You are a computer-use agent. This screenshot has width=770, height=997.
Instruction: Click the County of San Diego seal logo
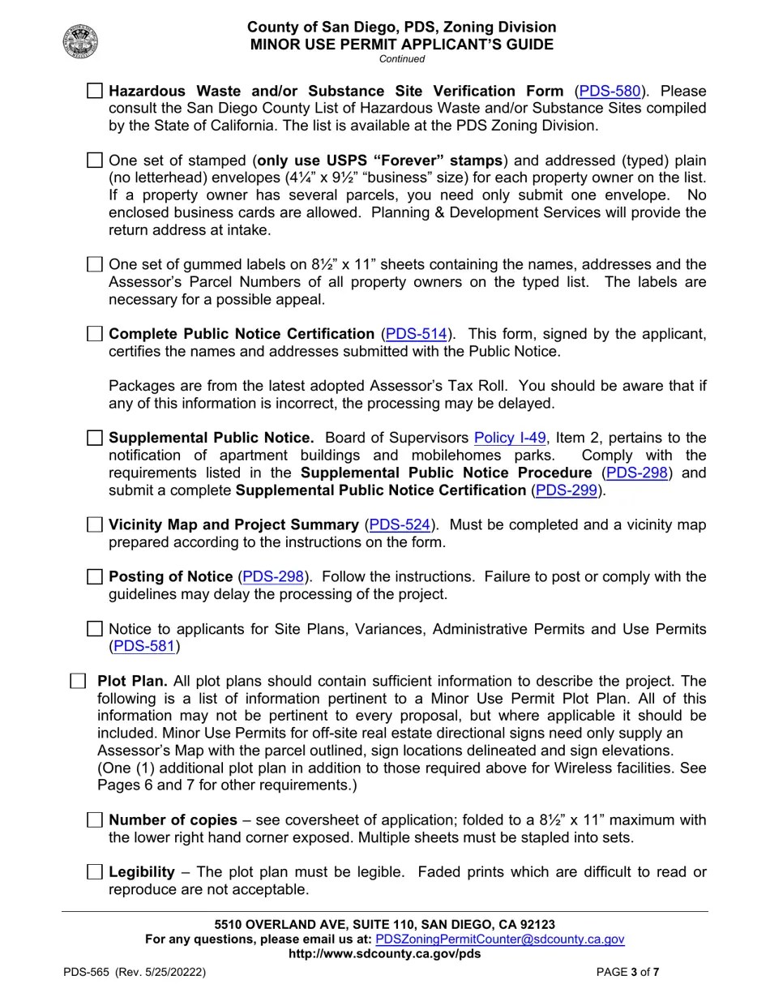[80, 41]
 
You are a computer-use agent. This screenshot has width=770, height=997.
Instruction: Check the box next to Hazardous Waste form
[95, 91]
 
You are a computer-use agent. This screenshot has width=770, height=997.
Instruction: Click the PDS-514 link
[416, 334]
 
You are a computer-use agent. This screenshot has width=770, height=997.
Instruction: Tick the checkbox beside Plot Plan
[78, 681]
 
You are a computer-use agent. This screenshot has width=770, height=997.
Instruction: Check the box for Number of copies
[95, 820]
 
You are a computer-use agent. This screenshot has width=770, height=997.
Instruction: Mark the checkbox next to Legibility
[95, 872]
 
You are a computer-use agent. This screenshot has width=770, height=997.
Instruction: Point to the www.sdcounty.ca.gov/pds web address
[384, 953]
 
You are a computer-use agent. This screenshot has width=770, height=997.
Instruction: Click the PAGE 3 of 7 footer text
[627, 972]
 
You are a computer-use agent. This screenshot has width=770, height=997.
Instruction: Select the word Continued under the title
[401, 58]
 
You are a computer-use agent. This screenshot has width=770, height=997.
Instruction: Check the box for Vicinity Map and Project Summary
[95, 524]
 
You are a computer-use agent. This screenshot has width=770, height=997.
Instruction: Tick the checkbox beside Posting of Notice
[95, 576]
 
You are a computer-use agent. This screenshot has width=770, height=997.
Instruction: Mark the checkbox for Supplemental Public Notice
[95, 438]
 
